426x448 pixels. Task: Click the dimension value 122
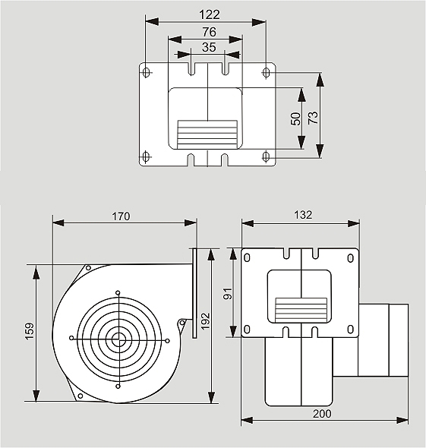(210, 14)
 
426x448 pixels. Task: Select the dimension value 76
(209, 32)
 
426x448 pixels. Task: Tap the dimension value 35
(209, 47)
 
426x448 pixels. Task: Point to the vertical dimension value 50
(295, 119)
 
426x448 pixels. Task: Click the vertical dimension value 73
(313, 118)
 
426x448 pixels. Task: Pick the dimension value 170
(121, 216)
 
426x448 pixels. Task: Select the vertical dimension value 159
(30, 331)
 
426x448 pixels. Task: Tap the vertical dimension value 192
(206, 321)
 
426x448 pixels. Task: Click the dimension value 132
(303, 215)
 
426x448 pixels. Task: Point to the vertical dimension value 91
(228, 293)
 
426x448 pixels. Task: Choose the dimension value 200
(322, 414)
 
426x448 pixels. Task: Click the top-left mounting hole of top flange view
(147, 72)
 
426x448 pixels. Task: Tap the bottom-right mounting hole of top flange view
(266, 156)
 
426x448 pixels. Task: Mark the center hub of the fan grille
(116, 339)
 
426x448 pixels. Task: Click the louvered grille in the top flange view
(207, 135)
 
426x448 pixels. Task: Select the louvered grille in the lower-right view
(301, 309)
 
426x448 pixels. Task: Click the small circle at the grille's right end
(167, 341)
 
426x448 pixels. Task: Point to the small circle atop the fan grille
(118, 292)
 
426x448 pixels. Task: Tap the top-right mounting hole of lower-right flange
(350, 258)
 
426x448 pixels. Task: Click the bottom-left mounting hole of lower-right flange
(247, 330)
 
